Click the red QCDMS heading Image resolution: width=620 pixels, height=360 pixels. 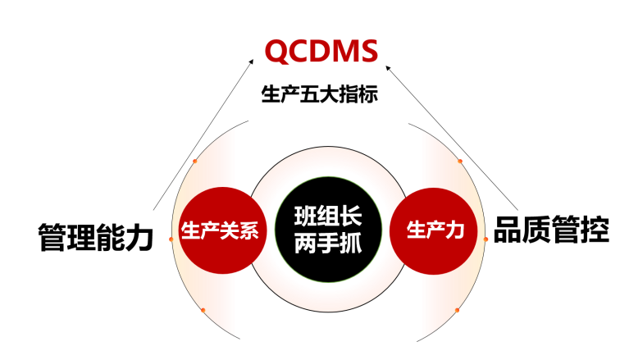pyautogui.click(x=321, y=53)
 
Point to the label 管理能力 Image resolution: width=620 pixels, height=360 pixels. pyautogui.click(x=96, y=239)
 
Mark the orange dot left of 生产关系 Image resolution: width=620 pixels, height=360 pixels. pyautogui.click(x=171, y=239)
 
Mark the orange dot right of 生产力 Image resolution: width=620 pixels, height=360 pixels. pyautogui.click(x=486, y=239)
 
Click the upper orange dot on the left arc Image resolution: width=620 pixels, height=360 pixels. pyautogui.click(x=194, y=162)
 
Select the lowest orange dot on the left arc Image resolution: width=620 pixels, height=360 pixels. pyautogui.click(x=203, y=309)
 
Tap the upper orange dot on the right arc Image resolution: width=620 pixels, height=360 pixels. pyautogui.click(x=460, y=162)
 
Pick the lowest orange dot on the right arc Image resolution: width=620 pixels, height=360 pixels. pyautogui.click(x=458, y=310)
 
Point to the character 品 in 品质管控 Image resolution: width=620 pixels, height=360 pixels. pyautogui.click(x=508, y=230)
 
